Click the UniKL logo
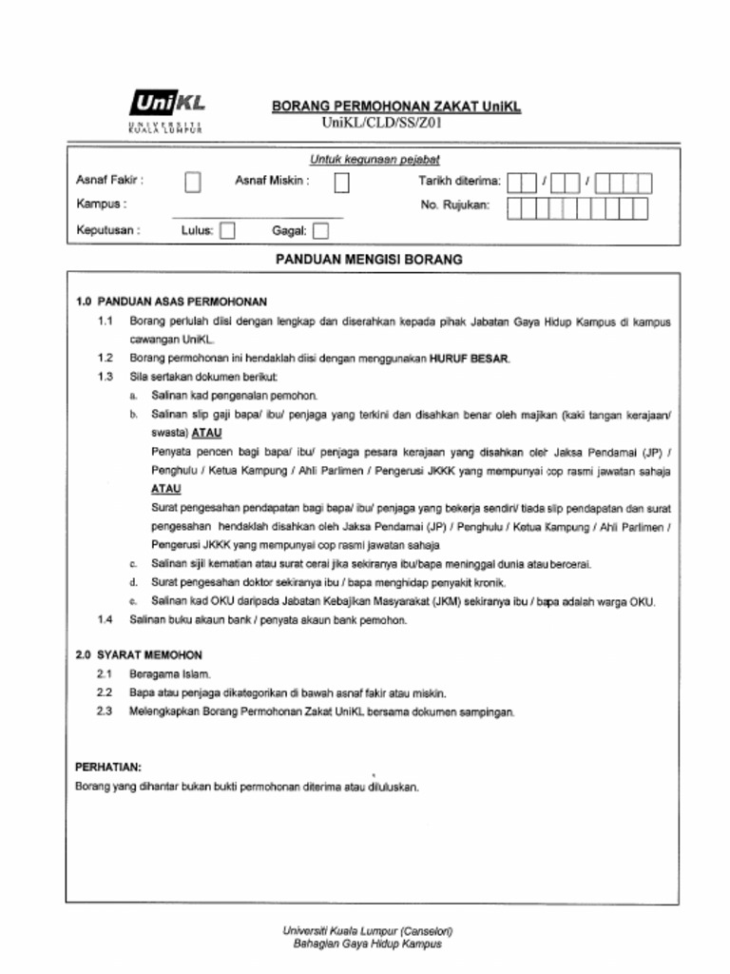[x=166, y=110]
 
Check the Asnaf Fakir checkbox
[x=193, y=181]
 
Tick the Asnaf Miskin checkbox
[x=341, y=181]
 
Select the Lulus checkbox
[x=227, y=230]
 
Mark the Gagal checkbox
[x=320, y=230]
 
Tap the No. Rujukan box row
[x=577, y=208]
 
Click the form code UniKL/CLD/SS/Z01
[x=382, y=123]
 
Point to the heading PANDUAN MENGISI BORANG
[x=368, y=259]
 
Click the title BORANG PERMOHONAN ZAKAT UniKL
[x=396, y=107]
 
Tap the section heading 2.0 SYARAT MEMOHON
[x=139, y=655]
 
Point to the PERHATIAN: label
[x=108, y=767]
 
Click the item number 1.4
[x=106, y=620]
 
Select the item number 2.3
[x=106, y=711]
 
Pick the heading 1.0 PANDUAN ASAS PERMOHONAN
[x=171, y=302]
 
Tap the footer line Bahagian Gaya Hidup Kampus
[x=367, y=945]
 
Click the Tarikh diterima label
[x=459, y=181]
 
